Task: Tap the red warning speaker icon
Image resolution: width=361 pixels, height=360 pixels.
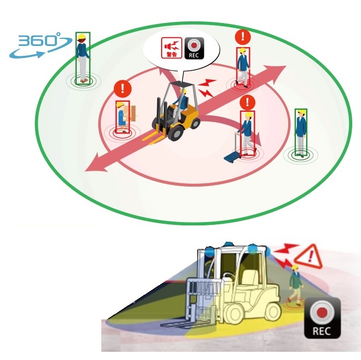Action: [x=172, y=48]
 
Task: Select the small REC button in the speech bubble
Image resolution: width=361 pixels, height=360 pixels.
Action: [x=194, y=48]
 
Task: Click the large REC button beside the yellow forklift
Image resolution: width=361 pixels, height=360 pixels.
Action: [x=322, y=318]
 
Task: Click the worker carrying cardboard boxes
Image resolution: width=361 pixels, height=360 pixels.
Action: [x=124, y=117]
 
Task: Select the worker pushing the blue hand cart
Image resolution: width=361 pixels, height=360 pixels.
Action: [x=247, y=133]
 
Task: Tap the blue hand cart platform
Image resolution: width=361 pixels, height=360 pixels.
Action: [x=232, y=158]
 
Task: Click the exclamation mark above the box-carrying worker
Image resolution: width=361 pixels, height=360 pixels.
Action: [x=123, y=89]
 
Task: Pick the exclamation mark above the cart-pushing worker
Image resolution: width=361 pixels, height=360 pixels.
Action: [x=248, y=102]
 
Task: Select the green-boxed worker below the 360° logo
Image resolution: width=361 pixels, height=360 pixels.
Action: [x=83, y=58]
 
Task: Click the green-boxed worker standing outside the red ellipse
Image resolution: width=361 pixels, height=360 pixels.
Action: [x=301, y=133]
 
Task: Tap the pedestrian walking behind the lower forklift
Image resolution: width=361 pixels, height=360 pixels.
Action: [x=296, y=284]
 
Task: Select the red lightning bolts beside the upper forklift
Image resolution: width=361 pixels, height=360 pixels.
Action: [x=207, y=88]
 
